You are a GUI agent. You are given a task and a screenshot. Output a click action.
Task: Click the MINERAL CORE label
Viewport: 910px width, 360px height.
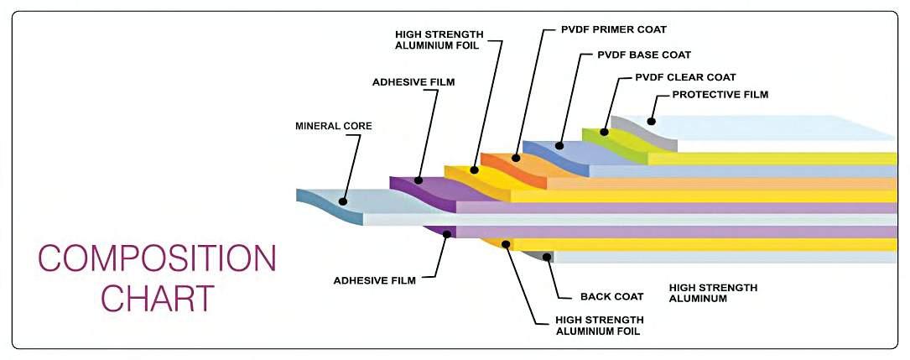333,126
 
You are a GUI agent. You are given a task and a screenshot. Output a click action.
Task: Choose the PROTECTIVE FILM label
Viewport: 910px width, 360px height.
720,95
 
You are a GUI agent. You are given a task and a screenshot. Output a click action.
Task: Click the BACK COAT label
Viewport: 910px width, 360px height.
611,296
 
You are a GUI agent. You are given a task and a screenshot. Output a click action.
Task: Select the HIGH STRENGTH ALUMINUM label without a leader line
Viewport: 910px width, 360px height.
713,293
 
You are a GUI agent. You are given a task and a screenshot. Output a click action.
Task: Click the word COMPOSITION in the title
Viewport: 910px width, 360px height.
157,258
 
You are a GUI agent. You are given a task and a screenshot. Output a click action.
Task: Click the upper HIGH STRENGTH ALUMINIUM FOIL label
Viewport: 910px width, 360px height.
436,39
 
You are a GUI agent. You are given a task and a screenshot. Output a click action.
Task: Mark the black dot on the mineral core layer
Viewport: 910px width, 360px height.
342,201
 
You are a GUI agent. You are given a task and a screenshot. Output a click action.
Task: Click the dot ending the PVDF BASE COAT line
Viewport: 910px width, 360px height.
559,146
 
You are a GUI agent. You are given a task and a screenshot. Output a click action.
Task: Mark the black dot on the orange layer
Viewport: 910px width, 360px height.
514,158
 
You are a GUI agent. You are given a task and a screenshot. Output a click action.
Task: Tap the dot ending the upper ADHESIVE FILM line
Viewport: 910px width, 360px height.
419,178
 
